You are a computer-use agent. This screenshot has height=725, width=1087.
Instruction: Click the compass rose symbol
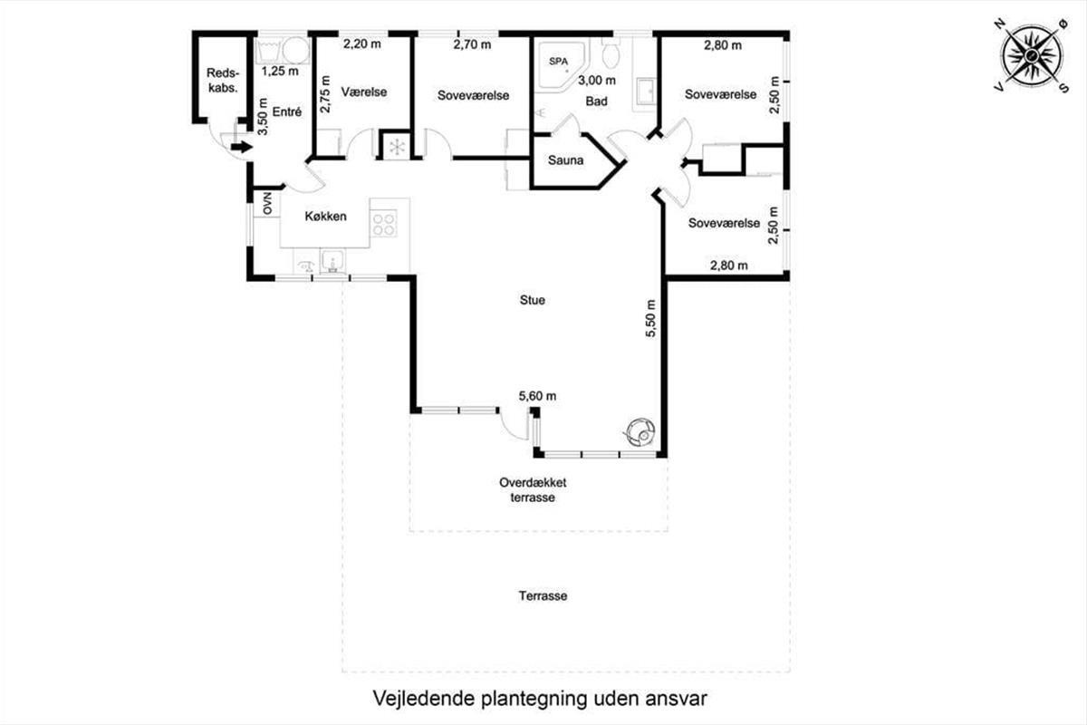pyautogui.click(x=1032, y=57)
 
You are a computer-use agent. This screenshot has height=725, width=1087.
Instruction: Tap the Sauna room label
pyautogui.click(x=565, y=160)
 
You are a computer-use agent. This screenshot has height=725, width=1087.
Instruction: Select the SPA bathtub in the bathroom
pyautogui.click(x=562, y=65)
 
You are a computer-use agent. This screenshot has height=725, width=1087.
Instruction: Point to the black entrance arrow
pyautogui.click(x=241, y=147)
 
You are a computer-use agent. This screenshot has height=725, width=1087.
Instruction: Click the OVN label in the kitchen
pyautogui.click(x=267, y=204)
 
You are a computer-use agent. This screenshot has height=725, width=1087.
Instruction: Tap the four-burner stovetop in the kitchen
pyautogui.click(x=384, y=223)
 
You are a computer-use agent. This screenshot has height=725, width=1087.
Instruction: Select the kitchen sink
pyautogui.click(x=332, y=261)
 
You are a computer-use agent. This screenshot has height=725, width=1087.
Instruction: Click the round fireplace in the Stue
pyautogui.click(x=641, y=432)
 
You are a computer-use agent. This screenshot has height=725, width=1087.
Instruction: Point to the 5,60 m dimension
pyautogui.click(x=537, y=396)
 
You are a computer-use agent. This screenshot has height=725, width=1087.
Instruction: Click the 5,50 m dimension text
pyautogui.click(x=650, y=318)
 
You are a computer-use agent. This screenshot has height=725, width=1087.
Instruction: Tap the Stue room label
pyautogui.click(x=533, y=300)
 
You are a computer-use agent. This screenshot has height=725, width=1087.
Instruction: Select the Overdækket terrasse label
pyautogui.click(x=533, y=490)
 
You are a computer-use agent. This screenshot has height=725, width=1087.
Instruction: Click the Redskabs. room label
pyautogui.click(x=223, y=81)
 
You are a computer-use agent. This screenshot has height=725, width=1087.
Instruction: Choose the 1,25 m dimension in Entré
pyautogui.click(x=280, y=72)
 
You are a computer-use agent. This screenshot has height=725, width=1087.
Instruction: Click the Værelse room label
pyautogui.click(x=364, y=92)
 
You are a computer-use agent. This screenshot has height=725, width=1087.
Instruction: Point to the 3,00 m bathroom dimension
pyautogui.click(x=597, y=80)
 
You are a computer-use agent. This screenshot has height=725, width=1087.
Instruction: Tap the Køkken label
pyautogui.click(x=325, y=216)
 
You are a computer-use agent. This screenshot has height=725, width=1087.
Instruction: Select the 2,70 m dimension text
pyautogui.click(x=472, y=44)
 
